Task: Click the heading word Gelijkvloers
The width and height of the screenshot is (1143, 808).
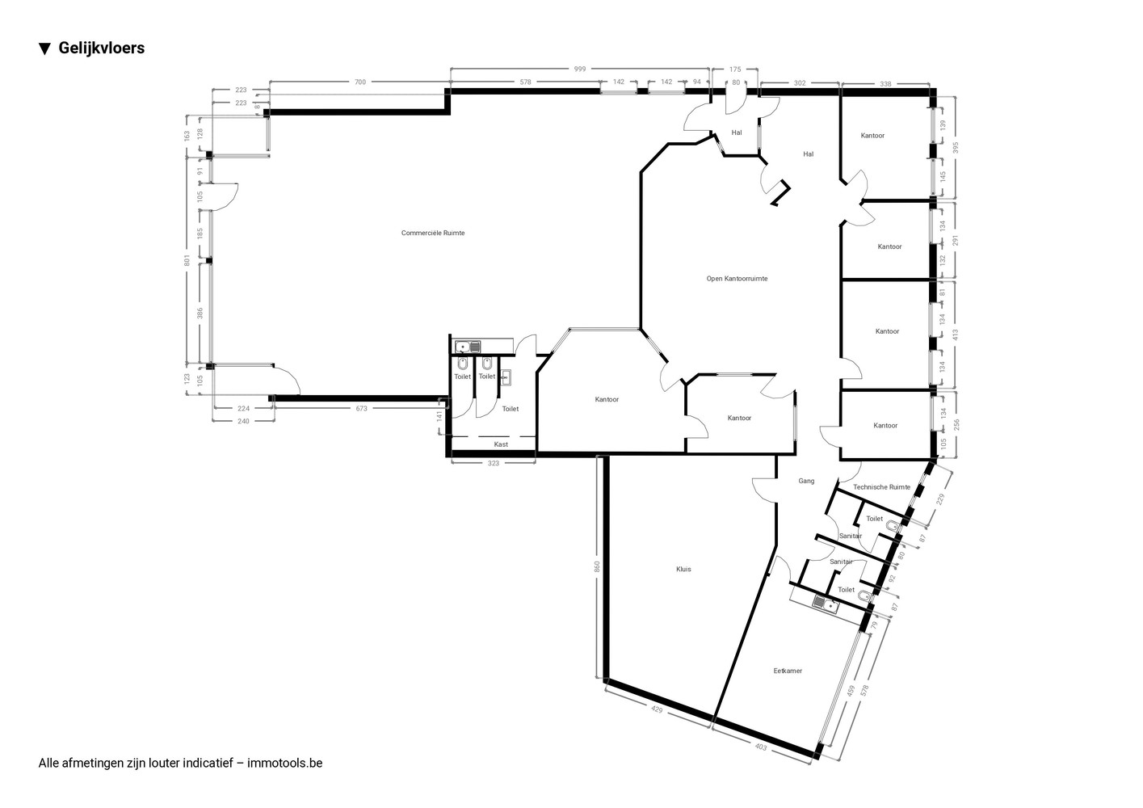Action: click(102, 48)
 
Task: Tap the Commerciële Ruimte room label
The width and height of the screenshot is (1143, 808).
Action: click(433, 233)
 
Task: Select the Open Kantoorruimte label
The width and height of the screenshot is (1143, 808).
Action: click(737, 279)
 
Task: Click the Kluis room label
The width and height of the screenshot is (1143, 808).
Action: click(683, 569)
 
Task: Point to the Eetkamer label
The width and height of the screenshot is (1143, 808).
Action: click(788, 671)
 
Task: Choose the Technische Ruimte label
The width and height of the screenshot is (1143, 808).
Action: click(882, 487)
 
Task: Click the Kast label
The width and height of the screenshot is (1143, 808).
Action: click(501, 444)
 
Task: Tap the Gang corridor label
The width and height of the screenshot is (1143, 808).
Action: click(806, 481)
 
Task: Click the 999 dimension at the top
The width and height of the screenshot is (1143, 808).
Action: click(580, 69)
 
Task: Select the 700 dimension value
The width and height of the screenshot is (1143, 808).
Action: click(360, 82)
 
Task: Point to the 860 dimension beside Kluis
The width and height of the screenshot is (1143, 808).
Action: click(597, 566)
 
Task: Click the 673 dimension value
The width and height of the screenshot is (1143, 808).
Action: click(361, 408)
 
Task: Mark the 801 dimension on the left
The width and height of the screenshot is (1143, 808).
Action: click(187, 260)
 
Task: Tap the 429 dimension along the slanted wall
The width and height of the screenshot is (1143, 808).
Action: click(657, 709)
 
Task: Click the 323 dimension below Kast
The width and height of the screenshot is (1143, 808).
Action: click(494, 464)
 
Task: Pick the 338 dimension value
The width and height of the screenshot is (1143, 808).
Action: click(886, 84)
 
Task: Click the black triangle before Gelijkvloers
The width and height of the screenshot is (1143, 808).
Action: click(45, 49)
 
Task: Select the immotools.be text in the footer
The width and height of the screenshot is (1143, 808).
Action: click(284, 763)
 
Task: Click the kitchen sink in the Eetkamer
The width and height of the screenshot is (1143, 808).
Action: click(826, 604)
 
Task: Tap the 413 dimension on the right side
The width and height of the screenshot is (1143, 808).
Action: click(956, 335)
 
